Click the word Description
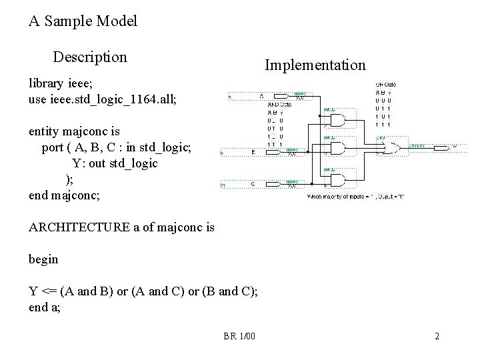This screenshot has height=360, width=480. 90,57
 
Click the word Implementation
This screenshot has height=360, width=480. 315,65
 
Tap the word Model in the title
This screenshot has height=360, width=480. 117,21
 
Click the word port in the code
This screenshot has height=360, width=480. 53,147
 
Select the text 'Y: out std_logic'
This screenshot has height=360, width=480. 115,163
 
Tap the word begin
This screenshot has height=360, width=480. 44,259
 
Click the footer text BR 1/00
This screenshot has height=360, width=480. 239,337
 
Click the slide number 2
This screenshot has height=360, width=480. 437,337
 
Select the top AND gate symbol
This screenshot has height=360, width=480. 337,120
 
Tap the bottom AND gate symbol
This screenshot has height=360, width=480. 337,179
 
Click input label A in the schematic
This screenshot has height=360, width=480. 261,95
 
